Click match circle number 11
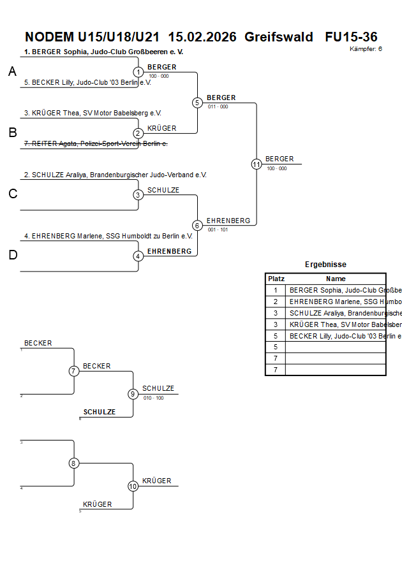coord(257,164)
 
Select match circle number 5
coord(197,103)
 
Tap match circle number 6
coord(197,226)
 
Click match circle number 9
coord(133,394)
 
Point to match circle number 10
coord(133,486)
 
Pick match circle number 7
coord(74,371)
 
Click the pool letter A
coord(12,72)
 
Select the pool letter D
coord(12,256)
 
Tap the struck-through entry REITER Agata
coord(96,144)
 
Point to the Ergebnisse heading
coord(325,265)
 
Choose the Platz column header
coord(276,279)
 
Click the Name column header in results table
coord(336,279)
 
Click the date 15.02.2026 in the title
coord(203,37)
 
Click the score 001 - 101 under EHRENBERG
coord(218,229)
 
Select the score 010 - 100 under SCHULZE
coord(153,398)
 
